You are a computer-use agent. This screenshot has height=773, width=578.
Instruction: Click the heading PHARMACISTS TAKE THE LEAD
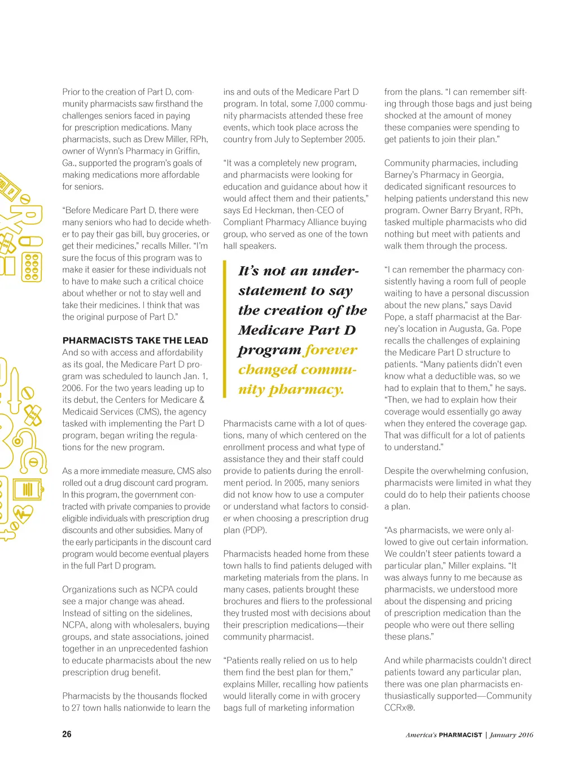pyautogui.click(x=135, y=340)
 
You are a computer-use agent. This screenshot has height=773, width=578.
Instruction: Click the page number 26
pyautogui.click(x=67, y=734)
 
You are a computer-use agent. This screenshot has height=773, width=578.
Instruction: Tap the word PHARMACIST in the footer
pyautogui.click(x=460, y=735)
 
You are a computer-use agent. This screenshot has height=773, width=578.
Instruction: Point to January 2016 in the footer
pyautogui.click(x=511, y=735)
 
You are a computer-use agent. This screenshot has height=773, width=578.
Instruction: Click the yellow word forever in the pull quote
pyautogui.click(x=330, y=350)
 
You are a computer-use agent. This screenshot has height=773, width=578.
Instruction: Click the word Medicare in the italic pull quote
pyautogui.click(x=269, y=330)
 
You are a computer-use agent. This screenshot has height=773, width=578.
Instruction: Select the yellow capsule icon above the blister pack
pyautogui.click(x=31, y=241)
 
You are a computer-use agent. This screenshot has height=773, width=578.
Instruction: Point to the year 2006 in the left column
pyautogui.click(x=73, y=388)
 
